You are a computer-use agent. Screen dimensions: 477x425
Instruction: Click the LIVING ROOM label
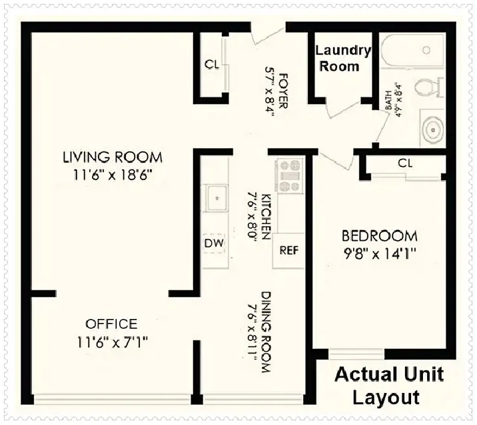pyautogui.click(x=113, y=157)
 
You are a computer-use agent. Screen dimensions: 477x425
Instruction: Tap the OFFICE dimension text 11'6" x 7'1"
pyautogui.click(x=112, y=342)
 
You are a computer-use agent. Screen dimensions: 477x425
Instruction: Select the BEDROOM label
pyautogui.click(x=379, y=236)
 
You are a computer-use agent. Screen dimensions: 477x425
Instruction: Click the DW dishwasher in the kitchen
pyautogui.click(x=214, y=243)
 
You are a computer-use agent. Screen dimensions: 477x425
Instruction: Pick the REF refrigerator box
pyautogui.click(x=288, y=250)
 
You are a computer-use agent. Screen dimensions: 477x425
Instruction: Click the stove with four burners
pyautogui.click(x=289, y=175)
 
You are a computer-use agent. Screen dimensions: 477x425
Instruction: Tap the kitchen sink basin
pyautogui.click(x=217, y=198)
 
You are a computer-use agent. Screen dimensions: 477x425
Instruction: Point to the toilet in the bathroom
pyautogui.click(x=430, y=86)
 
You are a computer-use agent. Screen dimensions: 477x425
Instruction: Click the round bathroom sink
pyautogui.click(x=433, y=130)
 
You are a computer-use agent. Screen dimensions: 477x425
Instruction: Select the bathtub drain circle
pyautogui.click(x=426, y=49)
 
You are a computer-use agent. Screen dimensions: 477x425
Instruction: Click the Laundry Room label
pyautogui.click(x=342, y=58)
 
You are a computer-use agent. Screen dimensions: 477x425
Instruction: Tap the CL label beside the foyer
pyautogui.click(x=211, y=64)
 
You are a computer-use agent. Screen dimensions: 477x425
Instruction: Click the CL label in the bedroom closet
pyautogui.click(x=405, y=163)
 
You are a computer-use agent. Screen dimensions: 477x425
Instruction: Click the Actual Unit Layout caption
pyautogui.click(x=389, y=386)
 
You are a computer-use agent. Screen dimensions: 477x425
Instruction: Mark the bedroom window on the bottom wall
pyautogui.click(x=356, y=354)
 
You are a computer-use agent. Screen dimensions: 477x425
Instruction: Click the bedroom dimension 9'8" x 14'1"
pyautogui.click(x=379, y=254)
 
